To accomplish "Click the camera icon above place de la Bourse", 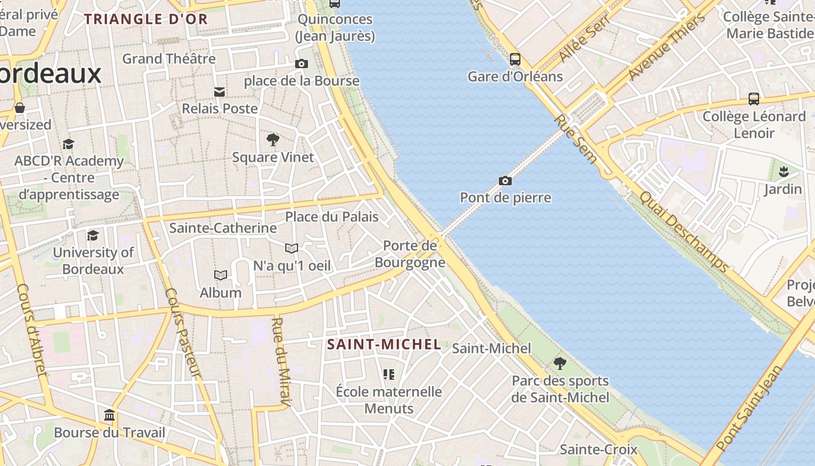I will [x=301, y=64].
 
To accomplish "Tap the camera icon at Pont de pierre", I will [x=505, y=181].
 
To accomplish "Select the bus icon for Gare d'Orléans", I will [x=515, y=59].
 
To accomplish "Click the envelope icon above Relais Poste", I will [x=219, y=91].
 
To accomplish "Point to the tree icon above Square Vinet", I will [x=272, y=140].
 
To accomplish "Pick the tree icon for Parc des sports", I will [x=560, y=363].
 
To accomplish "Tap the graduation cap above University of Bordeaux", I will [x=93, y=235].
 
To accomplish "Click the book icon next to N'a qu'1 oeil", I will [x=292, y=249].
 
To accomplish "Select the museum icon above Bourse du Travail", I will [x=109, y=416].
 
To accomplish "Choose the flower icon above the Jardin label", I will [x=783, y=172].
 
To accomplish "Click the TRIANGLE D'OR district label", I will [x=146, y=19].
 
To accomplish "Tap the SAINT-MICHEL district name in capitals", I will [x=384, y=344].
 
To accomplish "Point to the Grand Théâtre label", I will [x=169, y=59].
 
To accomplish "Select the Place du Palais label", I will [x=331, y=217].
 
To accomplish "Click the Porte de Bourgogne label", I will [x=410, y=254].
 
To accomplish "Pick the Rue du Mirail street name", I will [x=281, y=361].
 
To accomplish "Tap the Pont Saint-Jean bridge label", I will [x=750, y=408].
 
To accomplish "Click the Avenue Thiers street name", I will [x=667, y=47].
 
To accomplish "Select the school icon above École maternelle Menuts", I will [x=389, y=374].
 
